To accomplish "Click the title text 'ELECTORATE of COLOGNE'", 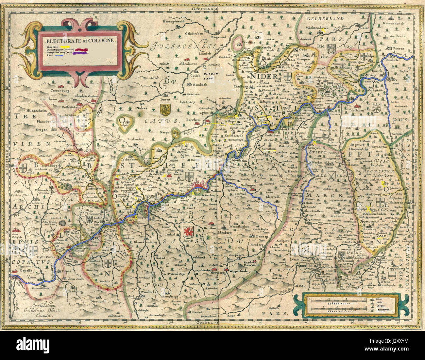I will coord(80,41).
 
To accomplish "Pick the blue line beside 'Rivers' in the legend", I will coord(59,56).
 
